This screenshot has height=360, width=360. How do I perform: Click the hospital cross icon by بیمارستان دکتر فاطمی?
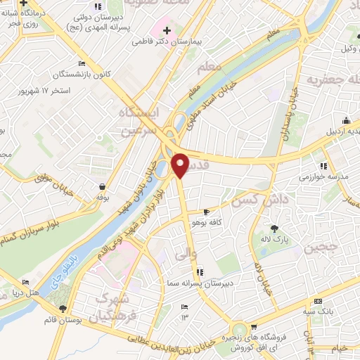167,30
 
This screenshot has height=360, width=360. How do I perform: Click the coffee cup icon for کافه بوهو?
206,212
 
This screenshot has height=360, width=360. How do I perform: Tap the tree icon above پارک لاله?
274,228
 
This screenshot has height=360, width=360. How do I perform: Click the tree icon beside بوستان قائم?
63,308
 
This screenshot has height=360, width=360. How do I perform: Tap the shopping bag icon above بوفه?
103,187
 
